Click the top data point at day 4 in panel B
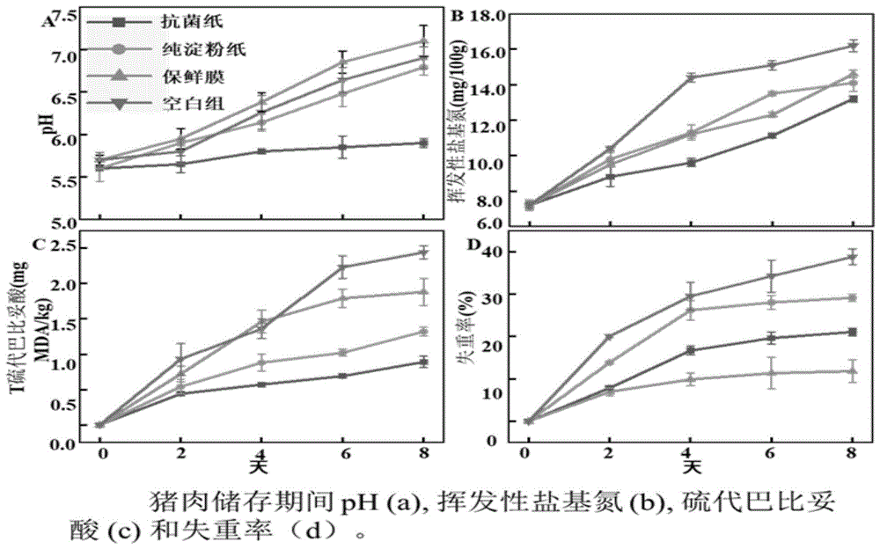pyautogui.click(x=691, y=77)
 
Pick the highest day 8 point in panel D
pyautogui.click(x=851, y=257)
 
